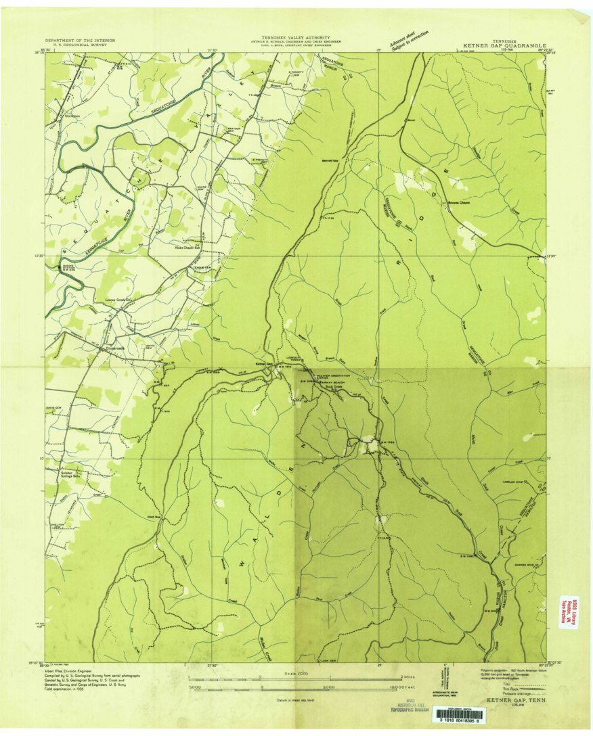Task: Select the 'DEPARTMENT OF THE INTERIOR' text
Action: [x=81, y=41]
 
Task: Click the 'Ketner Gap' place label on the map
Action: [x=263, y=364]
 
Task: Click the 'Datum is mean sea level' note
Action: [x=296, y=700]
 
